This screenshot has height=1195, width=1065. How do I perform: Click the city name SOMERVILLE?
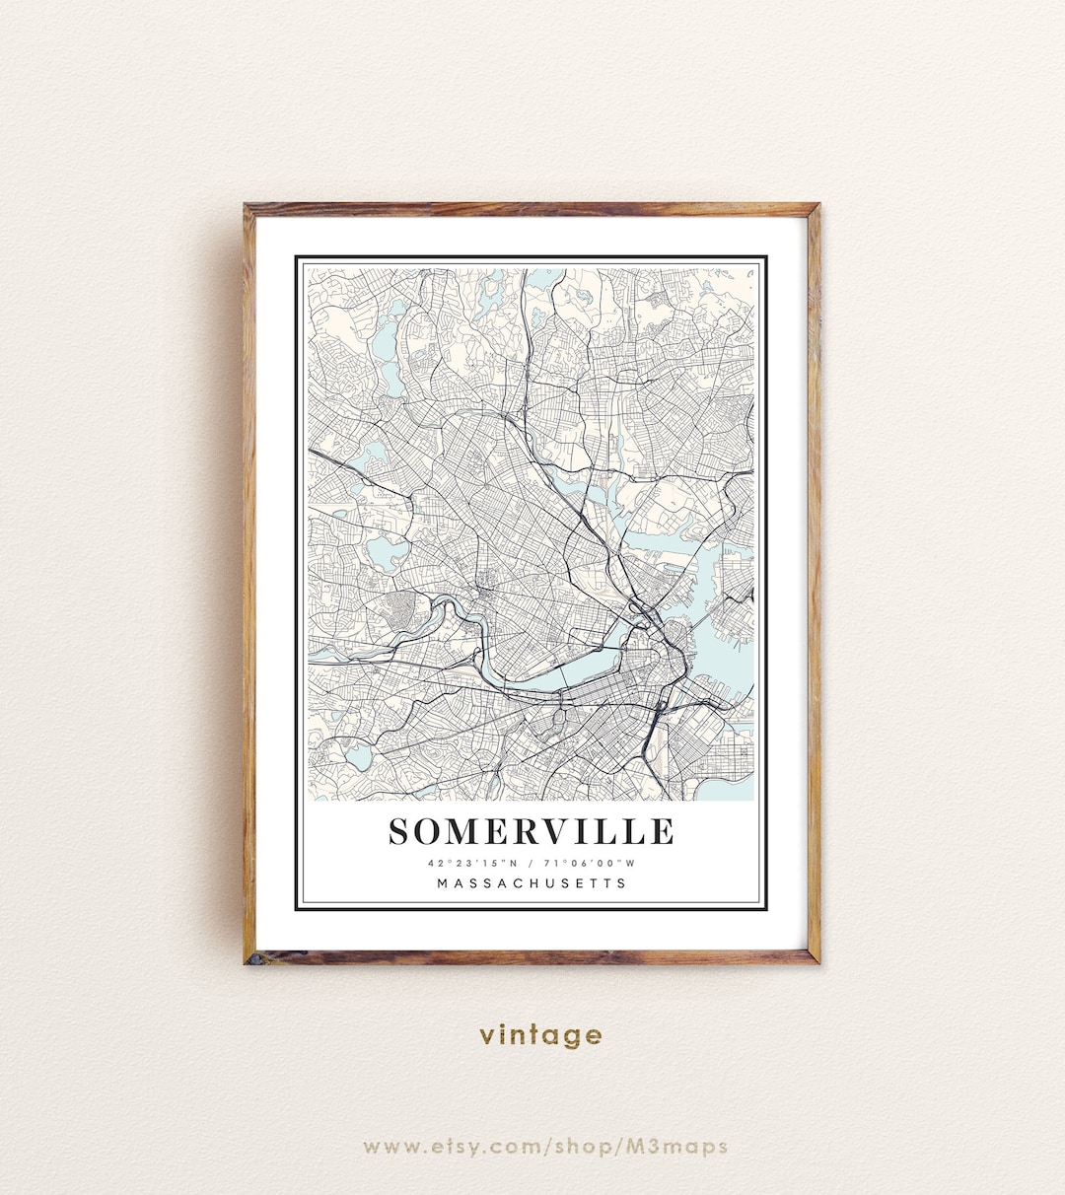(532, 831)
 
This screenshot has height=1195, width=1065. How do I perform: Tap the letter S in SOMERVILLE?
(400, 832)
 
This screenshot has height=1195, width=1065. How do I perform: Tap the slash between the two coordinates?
(531, 863)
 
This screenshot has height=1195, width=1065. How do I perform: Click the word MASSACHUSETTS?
(532, 883)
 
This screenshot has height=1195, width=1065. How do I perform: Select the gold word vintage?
(540, 1035)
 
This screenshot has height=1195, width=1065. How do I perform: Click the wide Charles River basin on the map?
(582, 674)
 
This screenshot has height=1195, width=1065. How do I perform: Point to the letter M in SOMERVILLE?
(461, 832)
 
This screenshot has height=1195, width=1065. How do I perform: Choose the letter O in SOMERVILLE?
(429, 832)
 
